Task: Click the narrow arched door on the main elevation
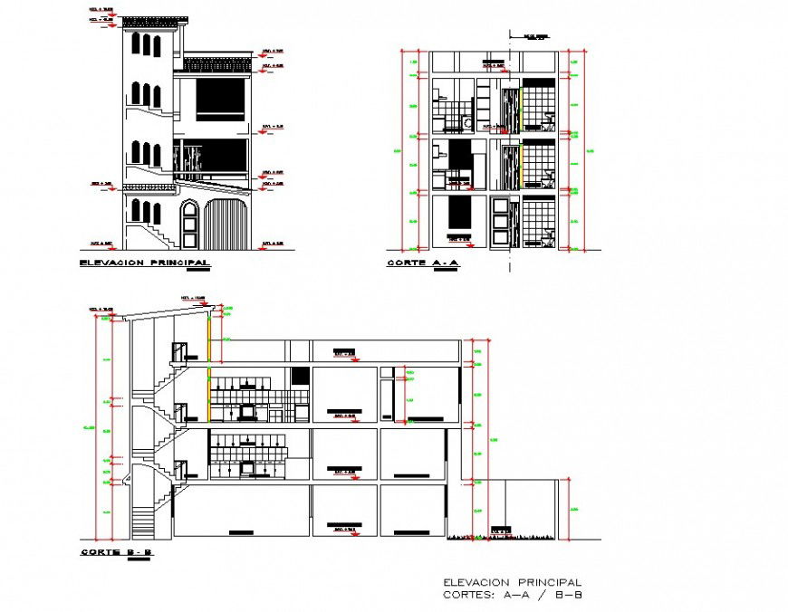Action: (x=190, y=225)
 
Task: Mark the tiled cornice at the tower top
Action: (x=155, y=20)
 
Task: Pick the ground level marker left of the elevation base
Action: (x=102, y=244)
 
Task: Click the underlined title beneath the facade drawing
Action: (x=144, y=263)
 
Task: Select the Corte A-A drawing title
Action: (x=423, y=264)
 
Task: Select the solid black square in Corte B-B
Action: (x=300, y=375)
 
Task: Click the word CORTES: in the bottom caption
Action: (x=468, y=595)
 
